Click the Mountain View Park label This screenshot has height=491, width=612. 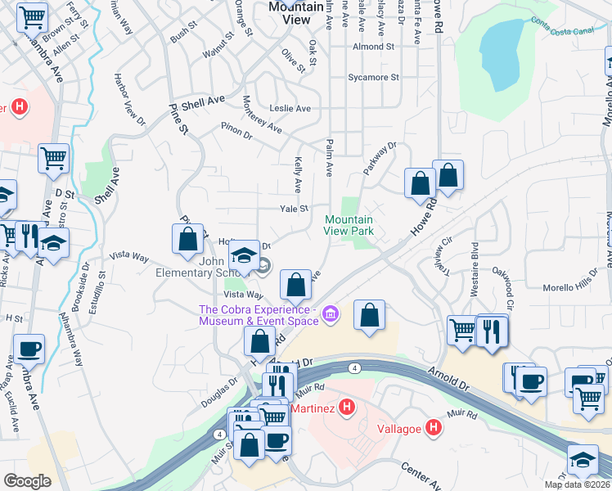coord(349,226)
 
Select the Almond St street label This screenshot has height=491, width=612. coord(373,47)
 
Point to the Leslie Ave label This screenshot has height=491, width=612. coord(290,109)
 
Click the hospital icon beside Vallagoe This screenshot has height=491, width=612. coord(434,426)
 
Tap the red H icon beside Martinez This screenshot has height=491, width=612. coord(347,406)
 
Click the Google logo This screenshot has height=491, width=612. coord(27,481)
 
